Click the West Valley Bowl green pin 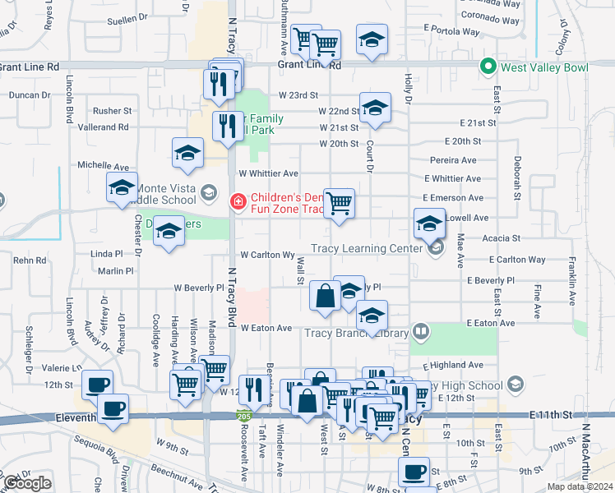click(488, 67)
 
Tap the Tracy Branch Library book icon click(421, 332)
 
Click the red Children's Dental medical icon click(238, 200)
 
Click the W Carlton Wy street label click(267, 256)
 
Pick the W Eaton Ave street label click(266, 328)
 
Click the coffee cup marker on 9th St click(414, 472)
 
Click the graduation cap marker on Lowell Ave click(428, 222)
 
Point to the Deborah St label click(518, 177)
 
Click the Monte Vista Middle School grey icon click(208, 193)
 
